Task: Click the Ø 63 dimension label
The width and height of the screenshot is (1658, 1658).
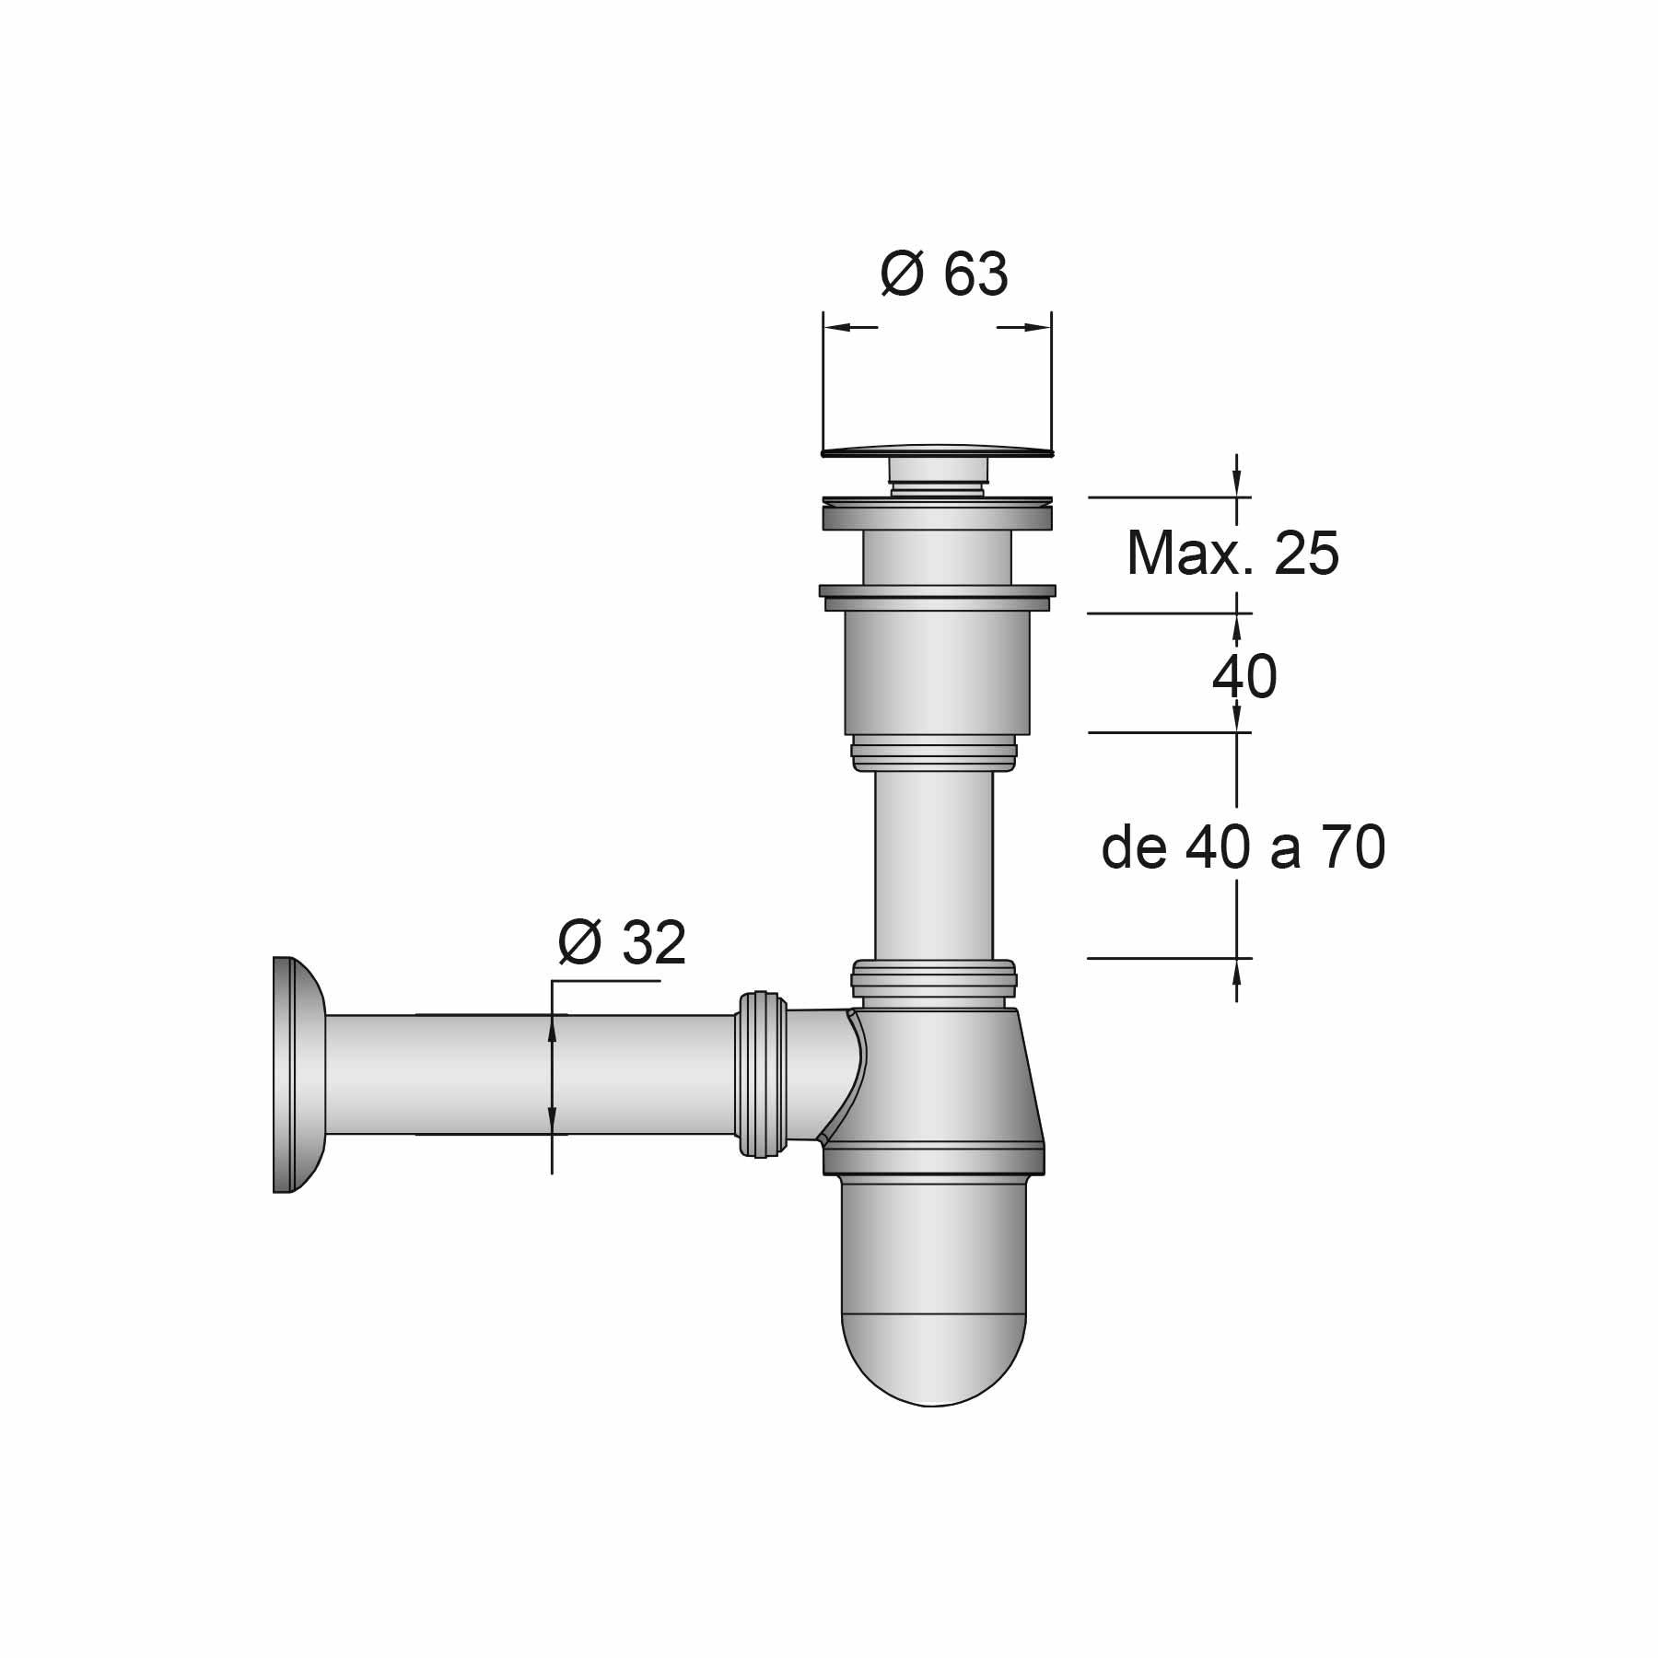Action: (x=944, y=274)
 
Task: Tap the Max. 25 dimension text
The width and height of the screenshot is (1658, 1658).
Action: (x=1232, y=554)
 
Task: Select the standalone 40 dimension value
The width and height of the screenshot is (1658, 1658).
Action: (x=1243, y=677)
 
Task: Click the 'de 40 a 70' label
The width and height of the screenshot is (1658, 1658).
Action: (x=1243, y=848)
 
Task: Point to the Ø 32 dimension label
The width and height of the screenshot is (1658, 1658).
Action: (x=623, y=942)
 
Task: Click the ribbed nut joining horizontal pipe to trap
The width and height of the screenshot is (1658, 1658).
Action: (x=761, y=1074)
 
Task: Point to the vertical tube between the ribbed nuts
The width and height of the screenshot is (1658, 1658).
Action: (x=934, y=866)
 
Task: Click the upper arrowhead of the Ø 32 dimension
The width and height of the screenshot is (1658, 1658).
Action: (x=552, y=1024)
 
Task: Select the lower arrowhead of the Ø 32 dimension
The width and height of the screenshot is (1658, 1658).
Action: (x=552, y=1124)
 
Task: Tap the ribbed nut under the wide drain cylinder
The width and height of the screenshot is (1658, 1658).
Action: (x=934, y=752)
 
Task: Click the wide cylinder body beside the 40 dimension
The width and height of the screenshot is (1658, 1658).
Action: (x=936, y=672)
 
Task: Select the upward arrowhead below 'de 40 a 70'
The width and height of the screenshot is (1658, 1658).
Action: (x=1237, y=969)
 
